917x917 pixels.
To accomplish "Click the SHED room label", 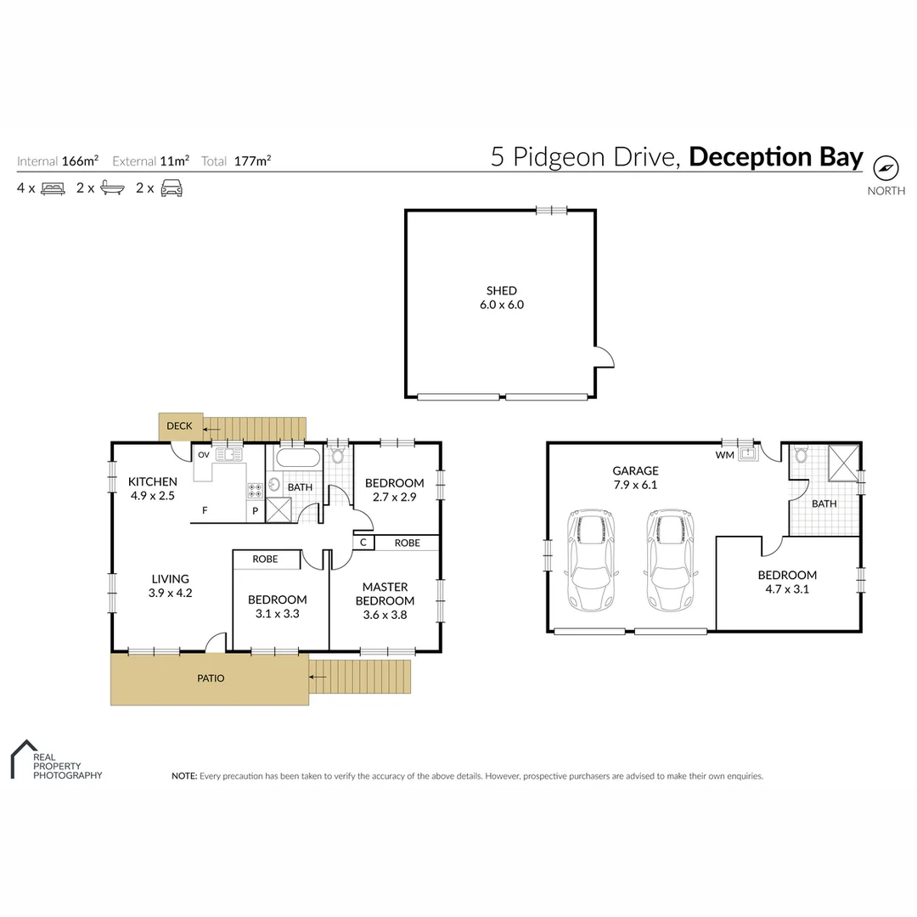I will [502, 291].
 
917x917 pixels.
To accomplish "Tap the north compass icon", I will [886, 167].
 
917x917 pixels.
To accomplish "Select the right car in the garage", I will [670, 560].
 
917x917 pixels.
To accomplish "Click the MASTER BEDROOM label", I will [385, 594].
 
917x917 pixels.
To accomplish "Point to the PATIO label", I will [211, 678].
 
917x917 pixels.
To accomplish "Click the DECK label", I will [179, 426].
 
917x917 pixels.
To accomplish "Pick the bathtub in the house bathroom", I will [296, 459].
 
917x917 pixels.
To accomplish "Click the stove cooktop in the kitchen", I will [255, 490].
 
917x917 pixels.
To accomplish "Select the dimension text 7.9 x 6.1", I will [636, 486].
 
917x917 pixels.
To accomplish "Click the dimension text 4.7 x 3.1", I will [787, 588].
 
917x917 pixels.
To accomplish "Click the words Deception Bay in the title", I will [775, 158].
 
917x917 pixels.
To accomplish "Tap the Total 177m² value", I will [253, 160].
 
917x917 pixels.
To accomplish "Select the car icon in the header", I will [172, 188].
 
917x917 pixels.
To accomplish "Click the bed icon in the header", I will [53, 188].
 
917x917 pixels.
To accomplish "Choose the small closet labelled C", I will [363, 543].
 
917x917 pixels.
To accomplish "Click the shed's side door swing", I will [603, 357].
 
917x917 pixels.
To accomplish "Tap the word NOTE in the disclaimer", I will [183, 776].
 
